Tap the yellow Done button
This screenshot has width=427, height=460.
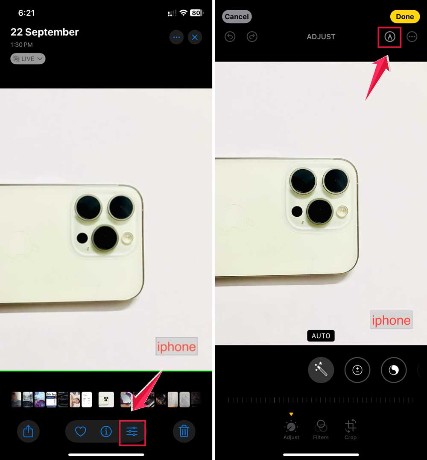(x=404, y=17)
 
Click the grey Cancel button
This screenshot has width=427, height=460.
(x=237, y=17)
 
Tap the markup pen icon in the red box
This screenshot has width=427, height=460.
(x=389, y=37)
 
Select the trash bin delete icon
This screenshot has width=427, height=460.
(x=184, y=431)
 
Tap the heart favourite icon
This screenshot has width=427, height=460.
(x=81, y=431)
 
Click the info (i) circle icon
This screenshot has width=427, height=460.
(x=106, y=431)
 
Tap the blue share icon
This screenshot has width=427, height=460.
(x=28, y=431)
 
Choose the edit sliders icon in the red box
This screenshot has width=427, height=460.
(x=132, y=432)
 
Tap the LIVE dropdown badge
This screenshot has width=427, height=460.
(x=28, y=59)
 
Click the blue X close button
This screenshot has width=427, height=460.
(x=195, y=37)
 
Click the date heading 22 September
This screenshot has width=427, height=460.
(x=45, y=32)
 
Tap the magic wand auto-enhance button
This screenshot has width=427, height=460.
(x=321, y=370)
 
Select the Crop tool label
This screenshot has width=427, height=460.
(x=351, y=437)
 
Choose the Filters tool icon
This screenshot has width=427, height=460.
(x=321, y=426)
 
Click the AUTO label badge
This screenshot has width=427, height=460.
(x=321, y=336)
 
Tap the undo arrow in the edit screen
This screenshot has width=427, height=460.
(x=230, y=37)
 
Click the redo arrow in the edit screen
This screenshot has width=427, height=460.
(x=252, y=37)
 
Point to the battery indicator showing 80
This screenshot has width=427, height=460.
(x=196, y=13)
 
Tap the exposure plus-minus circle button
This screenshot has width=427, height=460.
(x=357, y=370)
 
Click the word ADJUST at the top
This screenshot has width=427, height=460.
(x=321, y=37)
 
